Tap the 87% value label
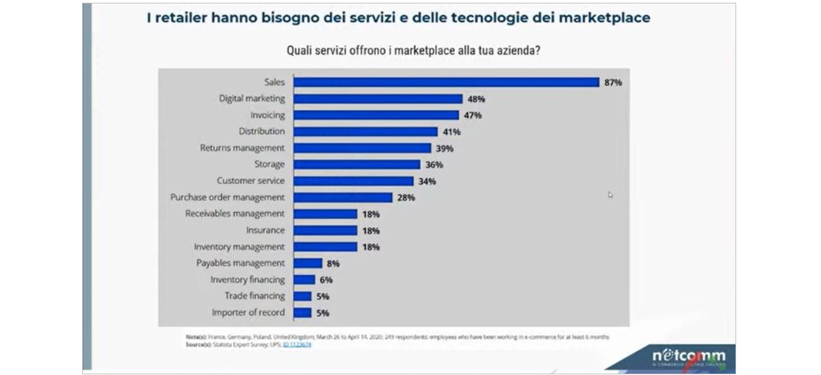click(612, 83)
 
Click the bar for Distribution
click(365, 131)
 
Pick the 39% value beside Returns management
click(444, 148)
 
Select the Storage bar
click(356, 164)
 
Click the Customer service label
click(250, 181)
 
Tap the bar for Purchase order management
click(343, 197)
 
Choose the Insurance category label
click(266, 230)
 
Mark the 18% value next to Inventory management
click(370, 247)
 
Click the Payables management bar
click(307, 263)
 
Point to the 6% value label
click(326, 280)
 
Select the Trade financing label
click(255, 296)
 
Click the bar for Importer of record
click(302, 312)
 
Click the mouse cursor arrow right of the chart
click(610, 195)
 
